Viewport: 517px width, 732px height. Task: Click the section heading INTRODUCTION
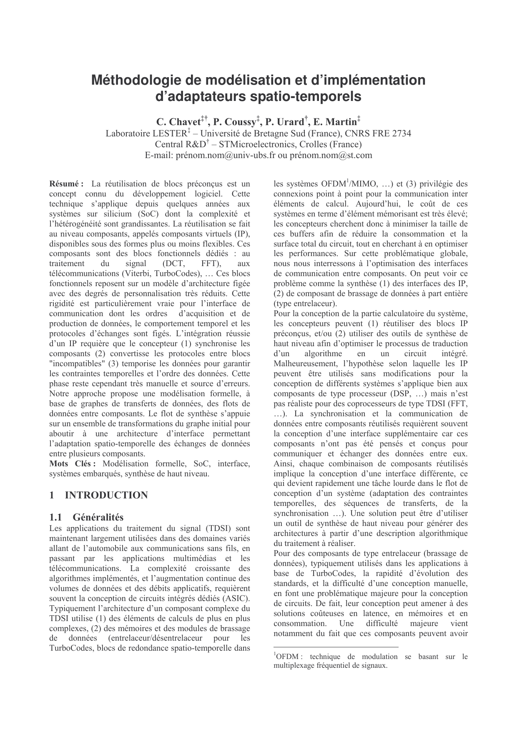coord(106,495)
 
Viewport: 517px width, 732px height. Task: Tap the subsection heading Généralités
coord(98,518)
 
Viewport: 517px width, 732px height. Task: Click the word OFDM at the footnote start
coord(284,657)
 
